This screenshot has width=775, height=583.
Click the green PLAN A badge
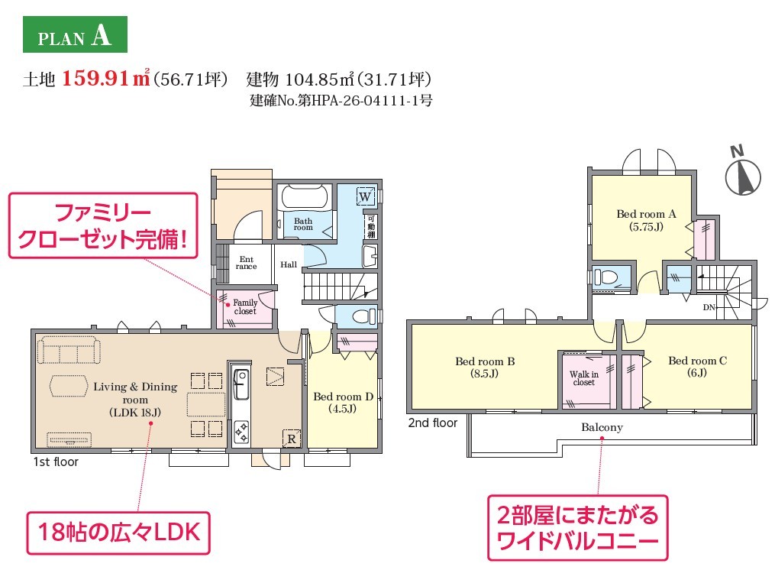[x=75, y=34]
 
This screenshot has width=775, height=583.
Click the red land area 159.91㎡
[x=106, y=79]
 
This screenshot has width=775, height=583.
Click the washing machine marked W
[x=365, y=196]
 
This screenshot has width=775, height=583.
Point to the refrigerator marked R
[x=291, y=439]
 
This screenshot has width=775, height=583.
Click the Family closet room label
[x=245, y=306]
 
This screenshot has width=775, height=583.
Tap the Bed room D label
[x=343, y=403]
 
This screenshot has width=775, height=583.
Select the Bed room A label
[x=646, y=221]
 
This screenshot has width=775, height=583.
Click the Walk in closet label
[x=583, y=378]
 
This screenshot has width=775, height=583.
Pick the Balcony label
[x=602, y=427]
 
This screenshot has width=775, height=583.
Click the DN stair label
[x=709, y=308]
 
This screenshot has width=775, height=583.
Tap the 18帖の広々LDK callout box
[x=118, y=533]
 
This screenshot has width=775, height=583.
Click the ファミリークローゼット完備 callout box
[x=103, y=225]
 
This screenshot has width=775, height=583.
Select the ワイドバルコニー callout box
[x=577, y=528]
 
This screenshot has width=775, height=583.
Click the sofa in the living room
[x=69, y=350]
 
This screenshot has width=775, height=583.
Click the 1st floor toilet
[x=357, y=316]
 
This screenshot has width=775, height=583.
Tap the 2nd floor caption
[x=432, y=423]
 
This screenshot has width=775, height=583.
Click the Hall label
[x=289, y=264]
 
